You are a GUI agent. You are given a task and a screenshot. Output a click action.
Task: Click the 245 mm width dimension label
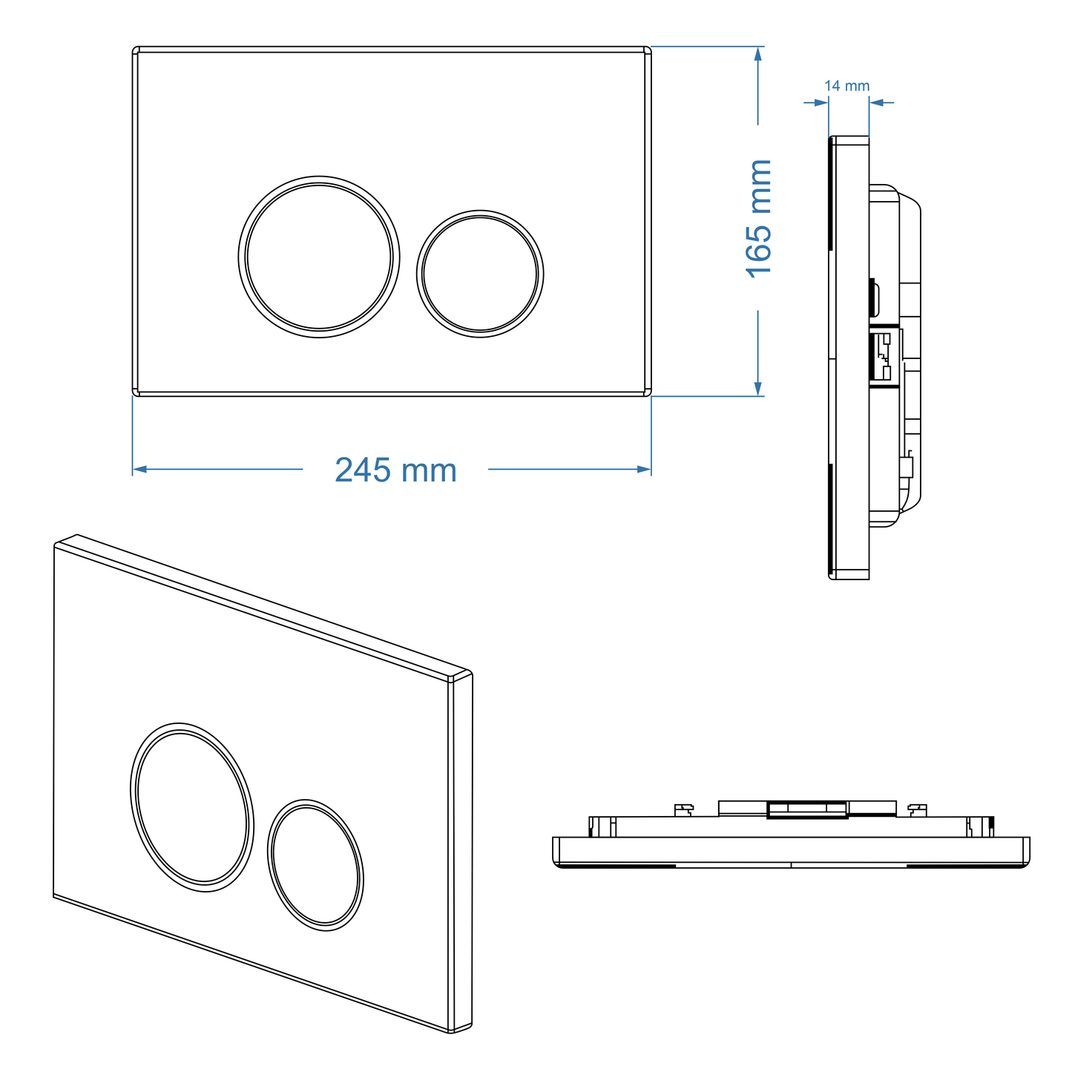[x=395, y=470]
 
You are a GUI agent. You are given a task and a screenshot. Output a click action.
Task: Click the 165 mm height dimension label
[x=759, y=218]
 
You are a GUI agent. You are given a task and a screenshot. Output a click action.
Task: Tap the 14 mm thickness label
[x=846, y=86]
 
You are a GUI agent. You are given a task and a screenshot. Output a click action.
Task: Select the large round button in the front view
[x=319, y=257]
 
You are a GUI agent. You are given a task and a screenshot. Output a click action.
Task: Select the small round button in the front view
[x=480, y=274]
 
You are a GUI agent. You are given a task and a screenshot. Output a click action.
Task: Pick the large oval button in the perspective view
[x=192, y=806]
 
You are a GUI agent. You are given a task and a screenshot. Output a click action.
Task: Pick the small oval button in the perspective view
[x=315, y=865]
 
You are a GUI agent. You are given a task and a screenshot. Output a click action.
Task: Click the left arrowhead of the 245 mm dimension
[x=139, y=469]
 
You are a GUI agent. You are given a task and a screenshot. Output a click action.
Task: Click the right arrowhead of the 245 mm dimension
[x=645, y=469]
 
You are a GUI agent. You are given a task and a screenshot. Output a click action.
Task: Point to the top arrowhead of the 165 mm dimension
[x=757, y=54]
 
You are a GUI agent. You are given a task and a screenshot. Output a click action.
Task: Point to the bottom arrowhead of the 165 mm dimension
[x=757, y=389]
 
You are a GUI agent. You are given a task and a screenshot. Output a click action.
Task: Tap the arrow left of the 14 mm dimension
[x=821, y=102]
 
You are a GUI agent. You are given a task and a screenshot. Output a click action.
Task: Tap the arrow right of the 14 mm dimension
[x=876, y=102]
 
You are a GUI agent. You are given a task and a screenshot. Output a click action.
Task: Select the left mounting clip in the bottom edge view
[x=683, y=809]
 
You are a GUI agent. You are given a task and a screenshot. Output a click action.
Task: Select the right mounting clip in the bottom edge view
[x=918, y=809]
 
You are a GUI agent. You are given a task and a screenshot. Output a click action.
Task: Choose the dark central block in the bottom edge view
[x=807, y=809]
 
